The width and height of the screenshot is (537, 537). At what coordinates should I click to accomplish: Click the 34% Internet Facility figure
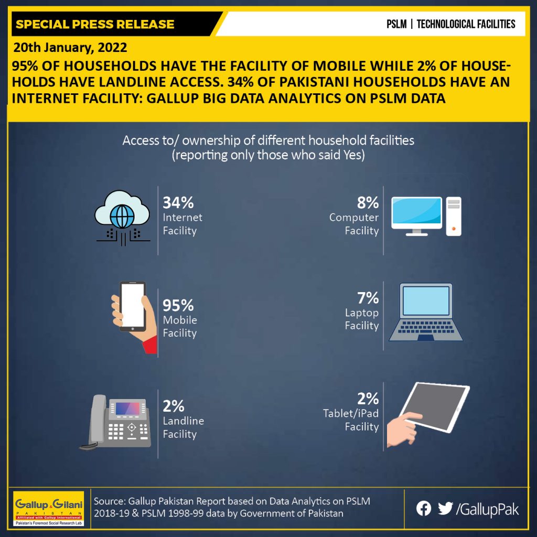click(x=178, y=202)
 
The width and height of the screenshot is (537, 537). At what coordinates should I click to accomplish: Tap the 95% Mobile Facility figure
click(x=178, y=305)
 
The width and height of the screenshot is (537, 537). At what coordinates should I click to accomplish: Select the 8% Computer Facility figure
click(x=368, y=202)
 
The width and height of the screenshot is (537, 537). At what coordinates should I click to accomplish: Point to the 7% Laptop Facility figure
click(x=368, y=298)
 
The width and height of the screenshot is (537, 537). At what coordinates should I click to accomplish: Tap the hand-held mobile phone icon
click(x=134, y=317)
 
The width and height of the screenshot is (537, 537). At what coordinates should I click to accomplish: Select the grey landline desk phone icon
click(x=116, y=422)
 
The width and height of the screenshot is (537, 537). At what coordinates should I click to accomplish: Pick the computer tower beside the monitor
click(x=454, y=217)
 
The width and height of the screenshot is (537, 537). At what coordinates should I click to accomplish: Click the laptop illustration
click(x=426, y=312)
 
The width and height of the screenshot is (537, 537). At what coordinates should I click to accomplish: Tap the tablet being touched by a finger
click(x=434, y=407)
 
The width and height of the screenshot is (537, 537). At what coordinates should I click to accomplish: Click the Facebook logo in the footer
click(x=424, y=509)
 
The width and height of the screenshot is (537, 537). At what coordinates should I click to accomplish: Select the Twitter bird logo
click(x=445, y=509)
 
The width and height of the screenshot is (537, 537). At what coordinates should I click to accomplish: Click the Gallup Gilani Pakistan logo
click(x=48, y=509)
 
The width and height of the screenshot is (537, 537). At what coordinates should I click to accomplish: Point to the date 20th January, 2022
click(x=70, y=47)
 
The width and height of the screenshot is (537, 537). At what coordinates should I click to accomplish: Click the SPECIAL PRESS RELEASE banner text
click(x=95, y=24)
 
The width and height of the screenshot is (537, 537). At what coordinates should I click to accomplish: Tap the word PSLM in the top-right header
click(x=396, y=24)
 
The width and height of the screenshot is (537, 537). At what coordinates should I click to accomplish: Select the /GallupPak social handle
click(x=487, y=509)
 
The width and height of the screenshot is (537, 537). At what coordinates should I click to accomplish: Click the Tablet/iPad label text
click(x=351, y=413)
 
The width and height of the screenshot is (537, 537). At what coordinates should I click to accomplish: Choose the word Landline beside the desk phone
click(x=183, y=421)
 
